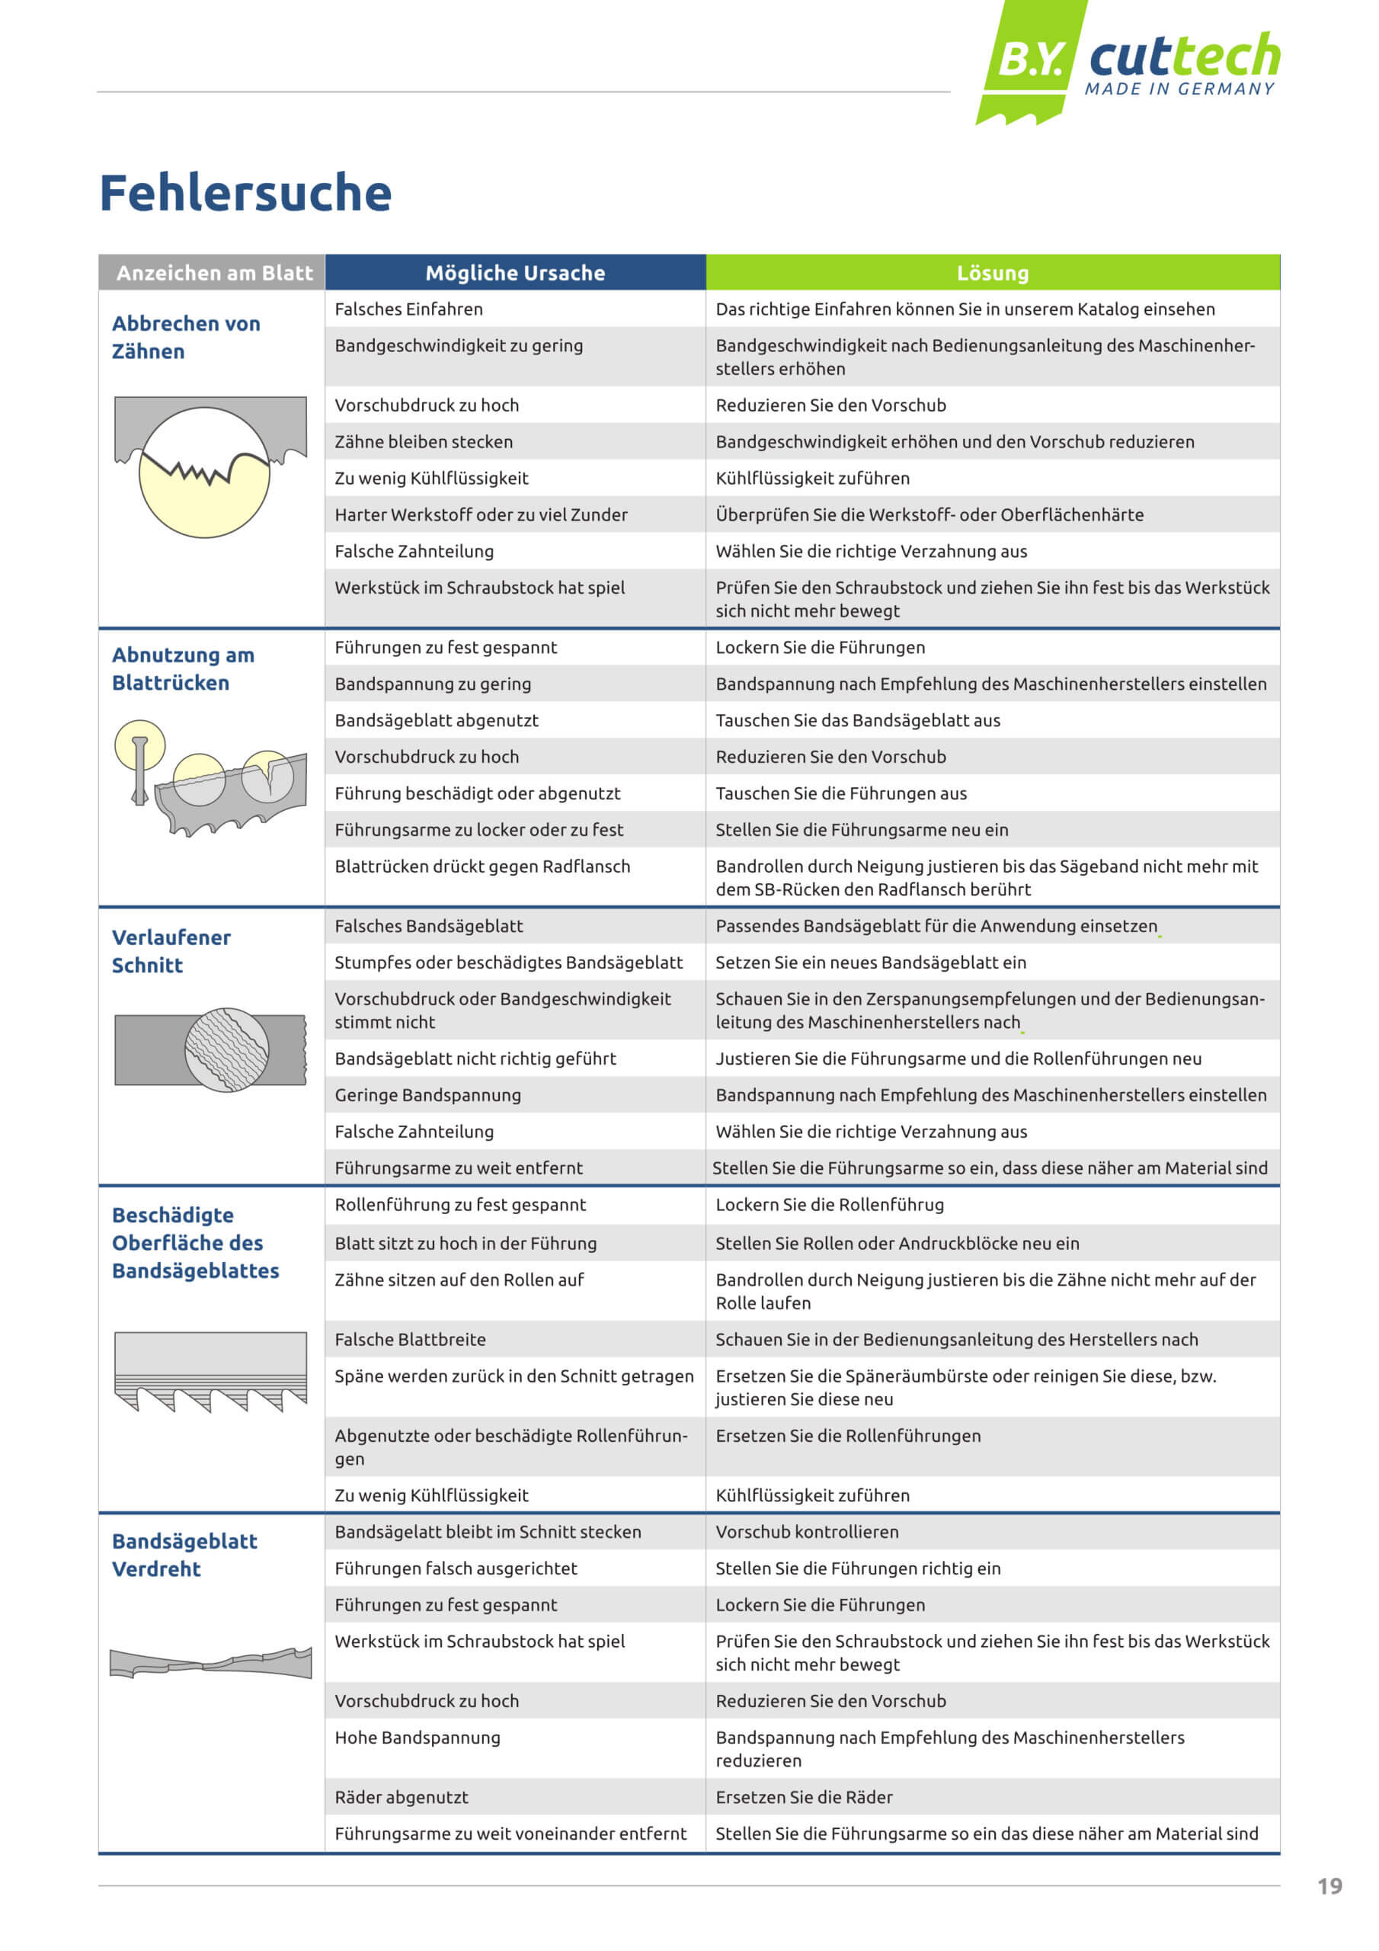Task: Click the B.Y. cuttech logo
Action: tap(1130, 61)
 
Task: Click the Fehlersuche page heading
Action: tap(245, 193)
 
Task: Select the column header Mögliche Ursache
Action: tap(515, 273)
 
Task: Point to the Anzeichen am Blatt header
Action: tap(214, 273)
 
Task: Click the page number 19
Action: tap(1329, 1886)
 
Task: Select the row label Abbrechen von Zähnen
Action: tap(185, 338)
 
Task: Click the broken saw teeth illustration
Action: tap(210, 466)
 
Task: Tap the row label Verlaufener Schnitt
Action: tap(171, 951)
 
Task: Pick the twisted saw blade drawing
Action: tap(210, 1661)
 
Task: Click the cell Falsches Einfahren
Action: tap(408, 309)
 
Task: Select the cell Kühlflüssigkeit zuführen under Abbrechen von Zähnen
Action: tap(812, 479)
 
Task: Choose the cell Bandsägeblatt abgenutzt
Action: tap(437, 721)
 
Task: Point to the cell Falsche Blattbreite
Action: tap(411, 1340)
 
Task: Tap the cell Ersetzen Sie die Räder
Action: tap(804, 1797)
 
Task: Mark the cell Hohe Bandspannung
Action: tap(418, 1738)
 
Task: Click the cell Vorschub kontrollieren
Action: tap(806, 1532)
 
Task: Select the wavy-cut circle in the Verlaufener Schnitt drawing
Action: tap(227, 1049)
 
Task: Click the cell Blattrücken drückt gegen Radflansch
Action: tap(482, 867)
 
